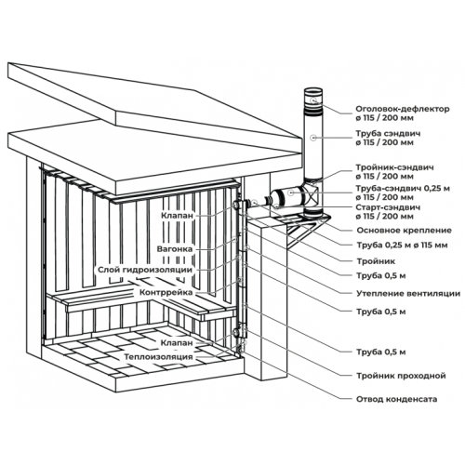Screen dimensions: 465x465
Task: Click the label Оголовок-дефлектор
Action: click(x=402, y=109)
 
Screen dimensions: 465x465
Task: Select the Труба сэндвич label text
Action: click(x=388, y=134)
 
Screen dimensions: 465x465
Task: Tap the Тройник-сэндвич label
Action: click(x=394, y=167)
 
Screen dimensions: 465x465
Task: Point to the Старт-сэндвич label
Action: click(x=388, y=207)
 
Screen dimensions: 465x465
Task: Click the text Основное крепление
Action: click(x=404, y=231)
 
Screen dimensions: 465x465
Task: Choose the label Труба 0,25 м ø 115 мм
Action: click(x=402, y=246)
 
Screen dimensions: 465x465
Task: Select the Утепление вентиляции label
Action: click(x=408, y=293)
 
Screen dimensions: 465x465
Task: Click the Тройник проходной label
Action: click(x=401, y=376)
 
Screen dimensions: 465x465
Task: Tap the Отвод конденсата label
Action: click(x=397, y=399)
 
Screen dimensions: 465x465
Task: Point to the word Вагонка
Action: click(x=175, y=249)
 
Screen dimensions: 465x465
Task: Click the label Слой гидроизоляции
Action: click(x=145, y=270)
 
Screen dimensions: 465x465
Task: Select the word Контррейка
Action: click(x=166, y=292)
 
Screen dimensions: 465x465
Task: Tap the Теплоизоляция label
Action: click(x=158, y=357)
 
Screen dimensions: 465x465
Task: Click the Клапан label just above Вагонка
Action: click(x=177, y=215)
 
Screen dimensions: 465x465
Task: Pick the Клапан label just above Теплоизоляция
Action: click(x=177, y=343)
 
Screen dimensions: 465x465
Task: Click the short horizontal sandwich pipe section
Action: click(x=288, y=195)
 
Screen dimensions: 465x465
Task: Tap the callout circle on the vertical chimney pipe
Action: click(x=313, y=138)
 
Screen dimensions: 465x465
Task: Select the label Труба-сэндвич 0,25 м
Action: click(x=403, y=188)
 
